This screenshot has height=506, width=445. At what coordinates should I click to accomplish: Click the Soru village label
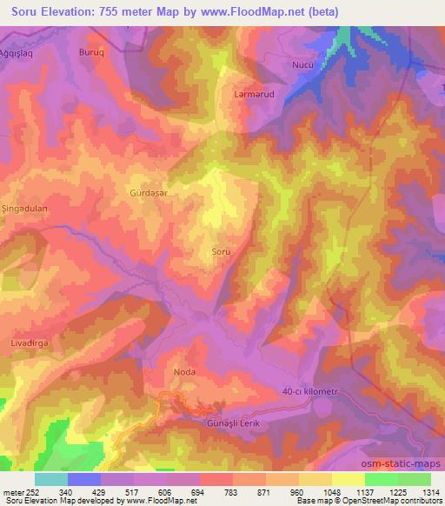pyautogui.click(x=222, y=251)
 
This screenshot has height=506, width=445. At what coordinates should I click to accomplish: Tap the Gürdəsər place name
pyautogui.click(x=148, y=193)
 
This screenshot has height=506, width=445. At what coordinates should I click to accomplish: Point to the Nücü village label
pyautogui.click(x=301, y=65)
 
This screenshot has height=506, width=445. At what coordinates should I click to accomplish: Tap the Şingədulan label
pyautogui.click(x=23, y=210)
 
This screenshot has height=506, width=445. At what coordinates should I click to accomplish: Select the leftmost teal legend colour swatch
pyautogui.click(x=51, y=479)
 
